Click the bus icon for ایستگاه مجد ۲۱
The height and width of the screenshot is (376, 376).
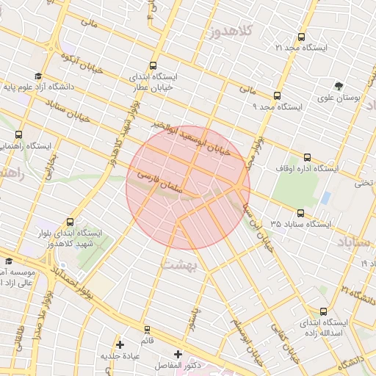point(301,37)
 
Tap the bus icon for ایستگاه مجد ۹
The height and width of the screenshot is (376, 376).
point(277,95)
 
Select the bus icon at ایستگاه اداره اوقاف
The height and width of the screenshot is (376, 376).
point(307,157)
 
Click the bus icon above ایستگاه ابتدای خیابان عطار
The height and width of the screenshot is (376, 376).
point(153,65)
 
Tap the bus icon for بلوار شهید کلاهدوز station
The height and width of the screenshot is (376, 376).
point(70,222)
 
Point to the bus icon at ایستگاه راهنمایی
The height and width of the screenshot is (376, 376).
point(18,134)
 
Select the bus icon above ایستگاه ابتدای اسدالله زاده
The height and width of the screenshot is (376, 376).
point(323,311)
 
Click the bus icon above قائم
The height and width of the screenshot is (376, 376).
point(147,329)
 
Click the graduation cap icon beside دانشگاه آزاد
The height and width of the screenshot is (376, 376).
point(38,76)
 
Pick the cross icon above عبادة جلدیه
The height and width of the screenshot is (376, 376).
point(120,344)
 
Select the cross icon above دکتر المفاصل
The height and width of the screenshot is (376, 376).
point(178,354)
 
